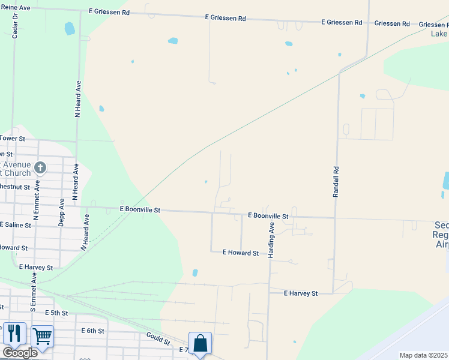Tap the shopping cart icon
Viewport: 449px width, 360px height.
[42, 336]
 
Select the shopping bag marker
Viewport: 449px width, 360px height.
[200, 343]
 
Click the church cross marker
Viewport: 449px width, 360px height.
[40, 167]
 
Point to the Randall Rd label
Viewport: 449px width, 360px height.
[336, 182]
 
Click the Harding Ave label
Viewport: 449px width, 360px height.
[271, 240]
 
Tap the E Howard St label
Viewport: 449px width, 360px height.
[240, 253]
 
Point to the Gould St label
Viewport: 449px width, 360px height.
[158, 339]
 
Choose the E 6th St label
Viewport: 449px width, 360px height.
[92, 331]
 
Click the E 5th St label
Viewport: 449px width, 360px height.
[56, 313]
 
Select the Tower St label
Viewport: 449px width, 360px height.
[12, 139]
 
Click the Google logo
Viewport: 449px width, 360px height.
[20, 352]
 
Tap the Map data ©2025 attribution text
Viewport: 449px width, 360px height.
[424, 355]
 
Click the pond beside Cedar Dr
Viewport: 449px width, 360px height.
[70, 28]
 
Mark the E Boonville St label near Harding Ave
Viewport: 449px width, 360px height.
[268, 215]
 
